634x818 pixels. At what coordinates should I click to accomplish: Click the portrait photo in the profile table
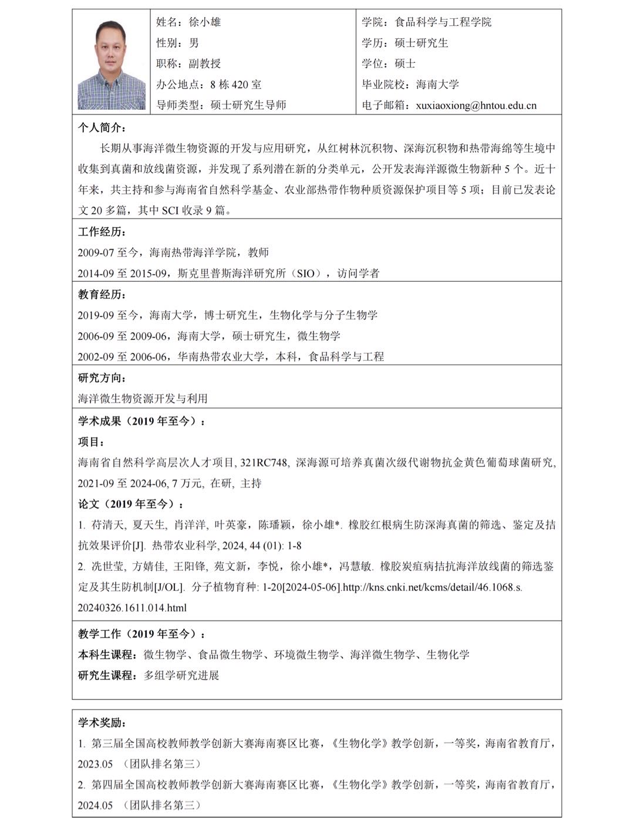click(x=112, y=65)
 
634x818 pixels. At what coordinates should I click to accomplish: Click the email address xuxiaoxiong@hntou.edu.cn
click(x=476, y=106)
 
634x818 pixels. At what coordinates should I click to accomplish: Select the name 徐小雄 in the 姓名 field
click(x=205, y=22)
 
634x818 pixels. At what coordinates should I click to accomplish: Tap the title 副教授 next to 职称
click(x=205, y=63)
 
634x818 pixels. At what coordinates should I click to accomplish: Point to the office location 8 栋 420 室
click(x=235, y=85)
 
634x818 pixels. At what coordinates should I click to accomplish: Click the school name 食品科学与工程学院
click(x=443, y=22)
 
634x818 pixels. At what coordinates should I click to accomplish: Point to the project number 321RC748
click(x=264, y=463)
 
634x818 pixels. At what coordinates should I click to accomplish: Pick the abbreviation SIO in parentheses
click(x=306, y=274)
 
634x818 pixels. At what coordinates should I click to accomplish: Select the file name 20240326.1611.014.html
click(x=132, y=608)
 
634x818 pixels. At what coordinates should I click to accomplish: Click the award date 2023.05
click(x=95, y=764)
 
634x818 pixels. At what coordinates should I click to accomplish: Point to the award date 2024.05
click(x=95, y=805)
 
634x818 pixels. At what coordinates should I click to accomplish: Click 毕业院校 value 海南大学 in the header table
click(x=437, y=85)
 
